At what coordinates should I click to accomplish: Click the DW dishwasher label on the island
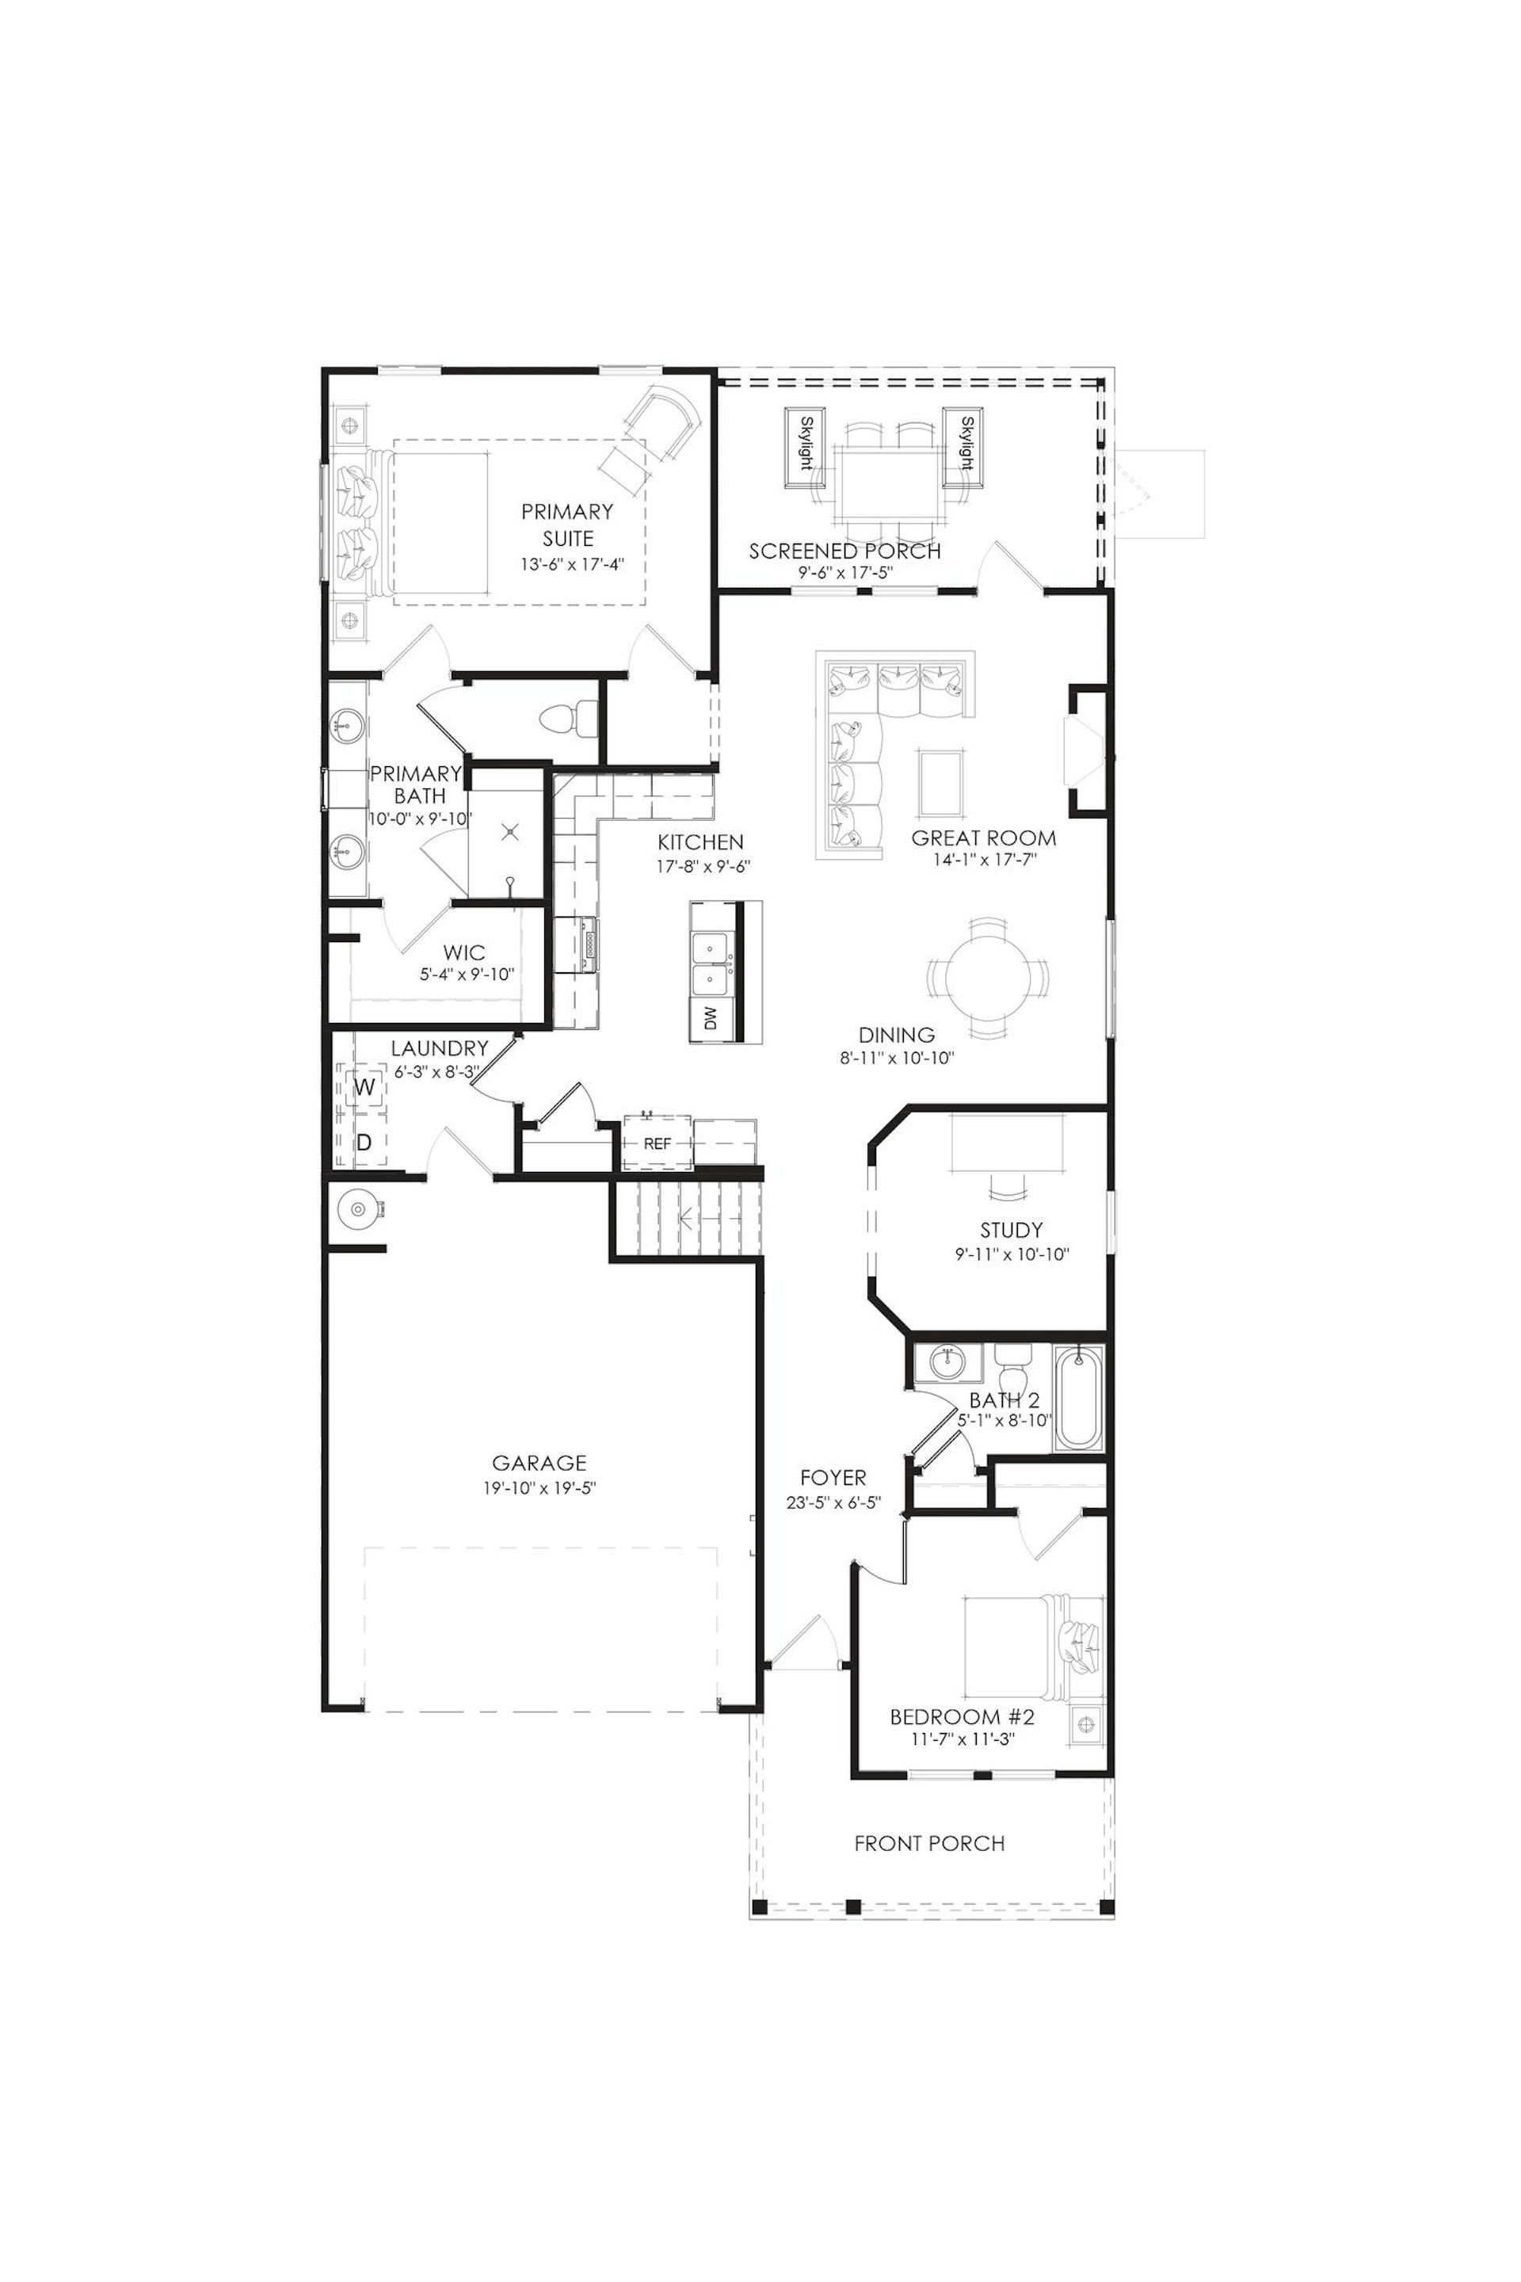pyautogui.click(x=710, y=1019)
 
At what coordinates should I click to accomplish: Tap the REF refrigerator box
pyautogui.click(x=658, y=1143)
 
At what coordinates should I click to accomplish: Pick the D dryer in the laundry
pyautogui.click(x=364, y=1142)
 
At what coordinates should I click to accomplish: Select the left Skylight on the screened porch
pyautogui.click(x=805, y=445)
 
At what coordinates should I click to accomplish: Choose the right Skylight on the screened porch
pyautogui.click(x=965, y=445)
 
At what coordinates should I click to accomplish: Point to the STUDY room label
pyautogui.click(x=1011, y=1231)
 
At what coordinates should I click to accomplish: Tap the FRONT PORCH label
pyautogui.click(x=929, y=1842)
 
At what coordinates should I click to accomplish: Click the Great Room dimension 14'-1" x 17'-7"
pyautogui.click(x=985, y=860)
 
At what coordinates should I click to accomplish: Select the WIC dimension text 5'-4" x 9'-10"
pyautogui.click(x=467, y=974)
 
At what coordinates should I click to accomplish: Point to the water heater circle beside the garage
pyautogui.click(x=358, y=1209)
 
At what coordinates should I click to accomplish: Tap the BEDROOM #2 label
pyautogui.click(x=963, y=1716)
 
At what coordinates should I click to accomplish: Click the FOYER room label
pyautogui.click(x=833, y=1478)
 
